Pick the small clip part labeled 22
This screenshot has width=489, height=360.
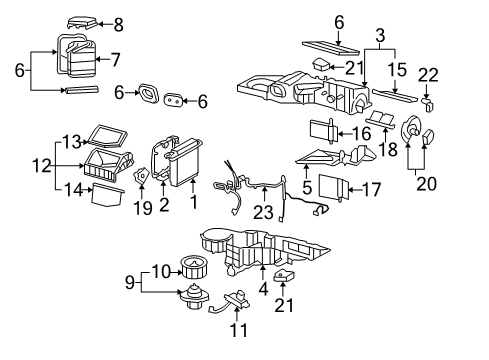click(x=428, y=101)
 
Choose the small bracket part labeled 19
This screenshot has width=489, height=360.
click(x=143, y=179)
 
